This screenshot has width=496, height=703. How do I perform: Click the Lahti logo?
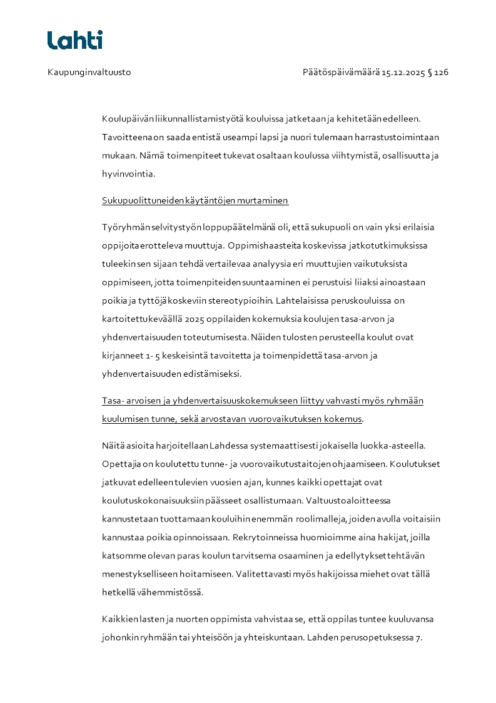[x=74, y=40]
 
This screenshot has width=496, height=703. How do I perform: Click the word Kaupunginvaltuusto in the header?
[x=89, y=73]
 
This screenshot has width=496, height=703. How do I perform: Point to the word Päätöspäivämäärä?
[x=341, y=73]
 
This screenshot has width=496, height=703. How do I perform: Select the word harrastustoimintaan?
[x=407, y=137]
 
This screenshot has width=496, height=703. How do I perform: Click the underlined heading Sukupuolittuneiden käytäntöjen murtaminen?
[x=195, y=201]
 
